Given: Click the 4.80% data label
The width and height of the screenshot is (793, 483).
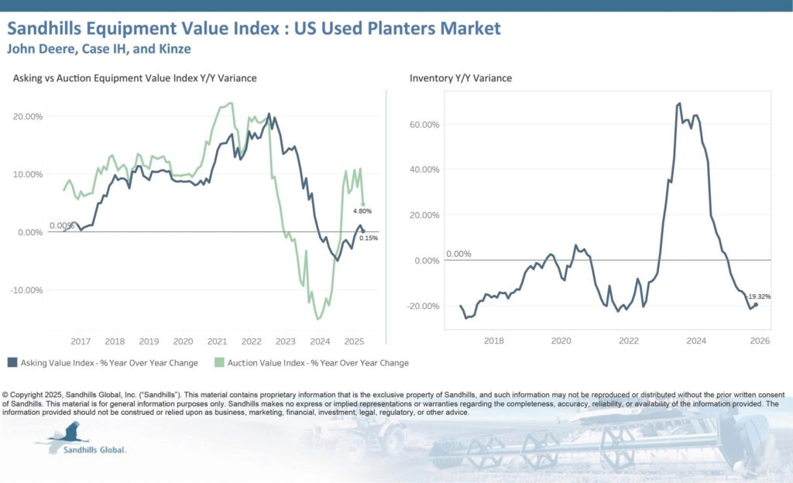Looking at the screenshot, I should pyautogui.click(x=363, y=211).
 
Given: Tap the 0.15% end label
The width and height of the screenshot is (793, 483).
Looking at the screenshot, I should pyautogui.click(x=369, y=238).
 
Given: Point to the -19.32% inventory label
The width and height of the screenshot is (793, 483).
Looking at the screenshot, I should pyautogui.click(x=759, y=296).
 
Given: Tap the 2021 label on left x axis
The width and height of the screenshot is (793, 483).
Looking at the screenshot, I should pyautogui.click(x=217, y=341).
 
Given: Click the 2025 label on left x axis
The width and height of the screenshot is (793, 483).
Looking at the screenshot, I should pyautogui.click(x=354, y=341).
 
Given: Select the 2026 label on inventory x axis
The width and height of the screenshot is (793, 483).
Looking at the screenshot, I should pyautogui.click(x=760, y=341).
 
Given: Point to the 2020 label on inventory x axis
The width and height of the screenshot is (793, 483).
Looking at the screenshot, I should pyautogui.click(x=561, y=341).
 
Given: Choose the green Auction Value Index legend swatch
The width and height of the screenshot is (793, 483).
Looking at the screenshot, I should pyautogui.click(x=220, y=362).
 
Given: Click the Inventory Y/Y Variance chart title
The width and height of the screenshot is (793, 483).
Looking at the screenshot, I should pyautogui.click(x=461, y=78).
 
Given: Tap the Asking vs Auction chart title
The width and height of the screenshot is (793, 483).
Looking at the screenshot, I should pyautogui.click(x=135, y=78).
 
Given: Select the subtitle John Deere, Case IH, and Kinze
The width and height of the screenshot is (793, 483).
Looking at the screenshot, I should pyautogui.click(x=98, y=49).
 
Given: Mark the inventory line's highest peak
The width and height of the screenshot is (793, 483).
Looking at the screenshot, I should pyautogui.click(x=679, y=103).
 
